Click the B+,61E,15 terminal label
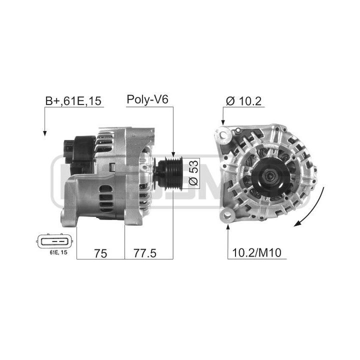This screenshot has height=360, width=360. pyautogui.click(x=73, y=101)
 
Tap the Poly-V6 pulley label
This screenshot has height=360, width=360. pyautogui.click(x=147, y=100)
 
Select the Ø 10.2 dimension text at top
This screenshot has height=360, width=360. pyautogui.click(x=243, y=101)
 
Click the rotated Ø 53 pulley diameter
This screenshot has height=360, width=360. pyautogui.click(x=193, y=172)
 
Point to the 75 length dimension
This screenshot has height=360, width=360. pyautogui.click(x=100, y=253)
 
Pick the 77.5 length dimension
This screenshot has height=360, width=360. pyautogui.click(x=145, y=253)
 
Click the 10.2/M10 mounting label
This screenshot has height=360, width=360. pyautogui.click(x=256, y=253)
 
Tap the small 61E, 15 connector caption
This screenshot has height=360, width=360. pyautogui.click(x=58, y=252)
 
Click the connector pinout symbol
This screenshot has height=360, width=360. pyautogui.click(x=55, y=241)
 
